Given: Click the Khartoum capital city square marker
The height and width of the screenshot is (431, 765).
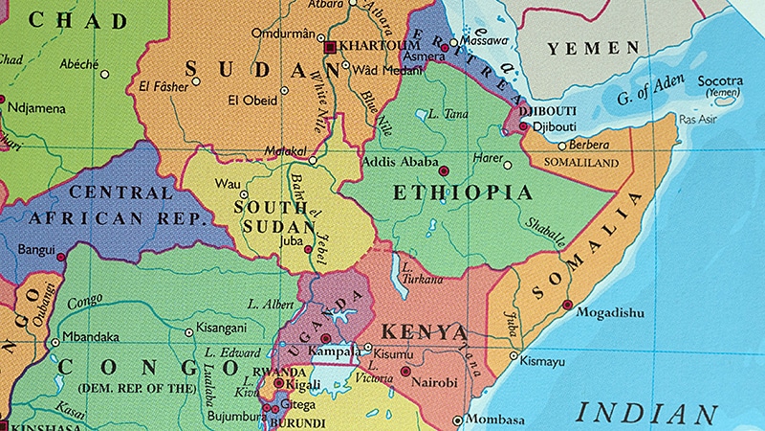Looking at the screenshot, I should click(331, 46).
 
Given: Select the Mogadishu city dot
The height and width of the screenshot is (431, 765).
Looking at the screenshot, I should click(568, 305).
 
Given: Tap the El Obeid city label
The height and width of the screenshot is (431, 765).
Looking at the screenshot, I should click(251, 99).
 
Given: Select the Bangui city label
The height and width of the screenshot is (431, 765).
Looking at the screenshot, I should click(35, 249).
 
